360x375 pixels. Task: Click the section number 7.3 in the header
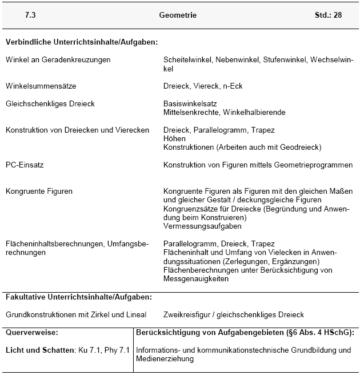(30, 15)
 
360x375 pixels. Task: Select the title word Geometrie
(178, 15)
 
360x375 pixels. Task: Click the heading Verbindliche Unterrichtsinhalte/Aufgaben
(81, 42)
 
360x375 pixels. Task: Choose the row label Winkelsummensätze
(41, 86)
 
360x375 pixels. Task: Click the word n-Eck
(232, 86)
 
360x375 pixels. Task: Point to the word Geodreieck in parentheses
(301, 147)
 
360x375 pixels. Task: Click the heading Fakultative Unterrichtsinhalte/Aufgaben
(79, 297)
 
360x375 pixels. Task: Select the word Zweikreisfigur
(187, 314)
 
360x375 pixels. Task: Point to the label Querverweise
(32, 332)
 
